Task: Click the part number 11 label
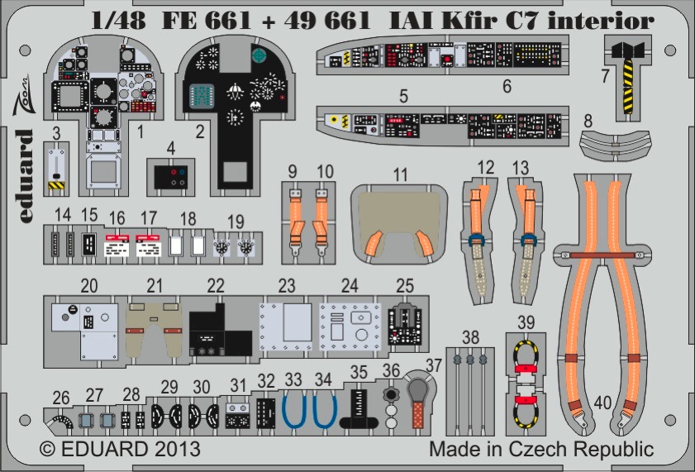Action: click(400, 174)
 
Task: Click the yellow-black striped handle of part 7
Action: click(628, 87)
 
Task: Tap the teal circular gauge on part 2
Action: click(258, 55)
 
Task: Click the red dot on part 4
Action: click(173, 172)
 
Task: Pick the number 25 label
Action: click(405, 286)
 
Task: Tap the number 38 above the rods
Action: click(470, 338)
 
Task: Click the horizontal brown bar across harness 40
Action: click(602, 255)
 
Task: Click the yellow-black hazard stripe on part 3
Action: click(56, 185)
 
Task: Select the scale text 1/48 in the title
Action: click(118, 21)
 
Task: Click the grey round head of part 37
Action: click(418, 390)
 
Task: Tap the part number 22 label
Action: click(216, 286)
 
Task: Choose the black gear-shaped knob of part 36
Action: click(391, 394)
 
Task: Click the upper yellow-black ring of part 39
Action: click(526, 355)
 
